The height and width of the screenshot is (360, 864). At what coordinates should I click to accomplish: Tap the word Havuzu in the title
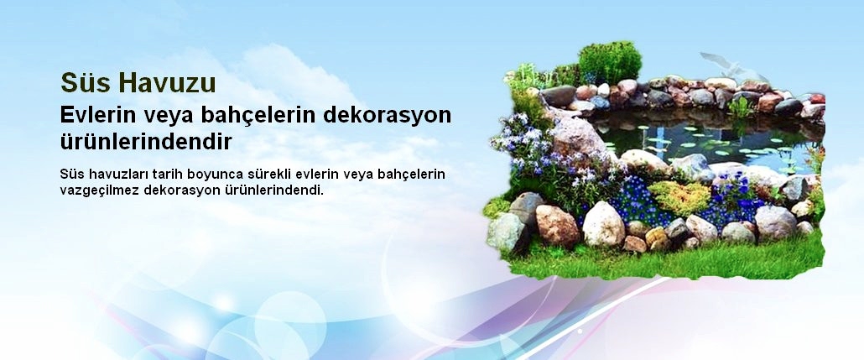(x=168, y=83)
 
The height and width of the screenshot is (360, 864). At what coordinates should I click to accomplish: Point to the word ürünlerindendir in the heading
(x=146, y=140)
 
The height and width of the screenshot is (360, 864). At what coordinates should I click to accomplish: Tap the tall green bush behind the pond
(x=609, y=60)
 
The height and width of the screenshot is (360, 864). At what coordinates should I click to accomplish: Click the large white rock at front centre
(x=603, y=224)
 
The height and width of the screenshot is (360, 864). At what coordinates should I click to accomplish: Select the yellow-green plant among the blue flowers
(x=679, y=198)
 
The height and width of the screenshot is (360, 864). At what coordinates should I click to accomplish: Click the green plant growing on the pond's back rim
(x=741, y=107)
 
